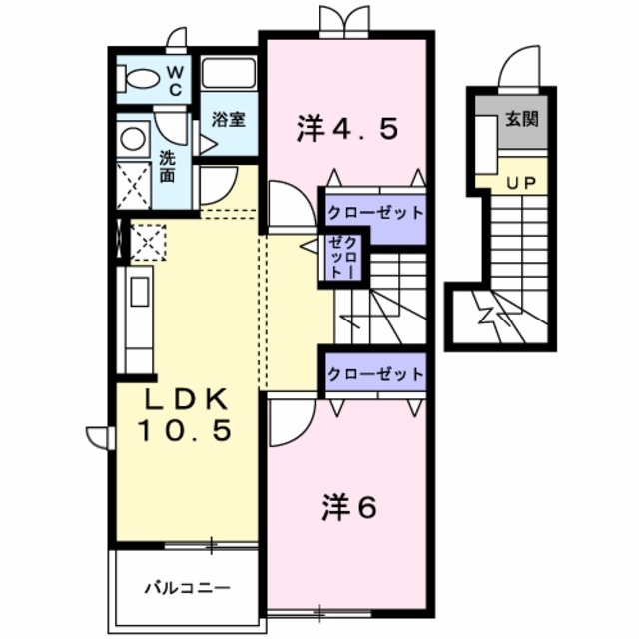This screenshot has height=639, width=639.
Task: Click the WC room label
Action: click(174, 80)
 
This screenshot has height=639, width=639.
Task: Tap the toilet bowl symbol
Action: click(140, 78)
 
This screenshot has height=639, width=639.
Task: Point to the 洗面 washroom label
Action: click(168, 166)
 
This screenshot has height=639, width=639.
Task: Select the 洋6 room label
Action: click(348, 509)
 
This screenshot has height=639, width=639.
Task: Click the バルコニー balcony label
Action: click(186, 586)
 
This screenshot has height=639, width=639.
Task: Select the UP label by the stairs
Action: click(518, 183)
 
